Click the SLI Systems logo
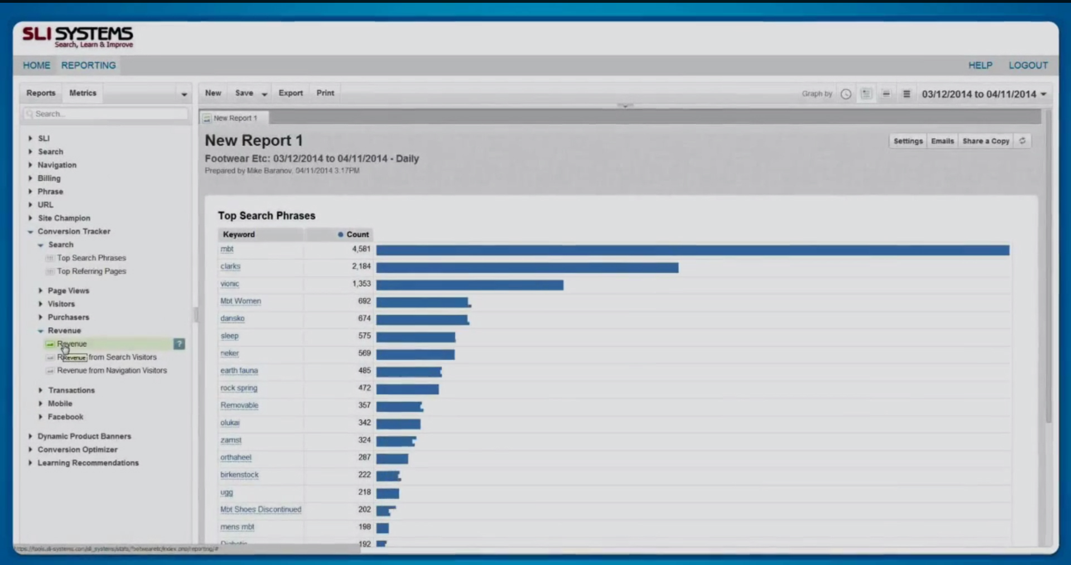coord(78,37)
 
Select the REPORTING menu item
coord(89,65)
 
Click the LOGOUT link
coord(1027,65)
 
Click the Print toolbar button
coord(325,93)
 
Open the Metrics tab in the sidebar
coord(83,93)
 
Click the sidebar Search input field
coord(106,114)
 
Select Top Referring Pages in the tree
coord(91,271)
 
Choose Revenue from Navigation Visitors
coord(112,370)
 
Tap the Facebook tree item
coord(65,417)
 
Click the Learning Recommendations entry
coord(88,463)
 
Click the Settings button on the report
coord(908,141)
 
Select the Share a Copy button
coord(986,141)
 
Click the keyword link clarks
coord(230,267)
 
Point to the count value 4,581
coord(361,249)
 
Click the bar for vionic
coord(470,285)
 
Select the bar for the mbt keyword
coord(692,250)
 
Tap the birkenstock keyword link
coord(239,475)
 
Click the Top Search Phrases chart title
coord(267,216)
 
